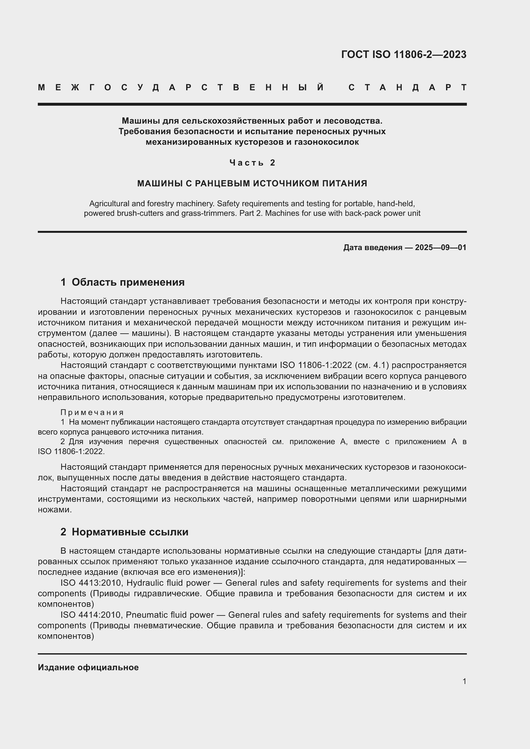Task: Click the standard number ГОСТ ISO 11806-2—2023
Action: (403, 54)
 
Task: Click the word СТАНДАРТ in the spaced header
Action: (407, 87)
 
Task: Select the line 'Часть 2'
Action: (252, 162)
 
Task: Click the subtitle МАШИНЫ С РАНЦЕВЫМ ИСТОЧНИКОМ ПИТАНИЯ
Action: (252, 183)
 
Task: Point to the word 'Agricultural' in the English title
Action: (108, 204)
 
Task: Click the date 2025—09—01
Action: (441, 248)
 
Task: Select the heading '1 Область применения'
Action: (122, 282)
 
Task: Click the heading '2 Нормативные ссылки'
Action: (124, 532)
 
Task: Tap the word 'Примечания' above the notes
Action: (92, 413)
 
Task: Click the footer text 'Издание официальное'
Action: (88, 667)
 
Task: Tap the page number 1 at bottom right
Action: (464, 681)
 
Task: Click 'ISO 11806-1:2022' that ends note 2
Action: (71, 452)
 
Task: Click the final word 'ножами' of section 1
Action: (54, 510)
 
